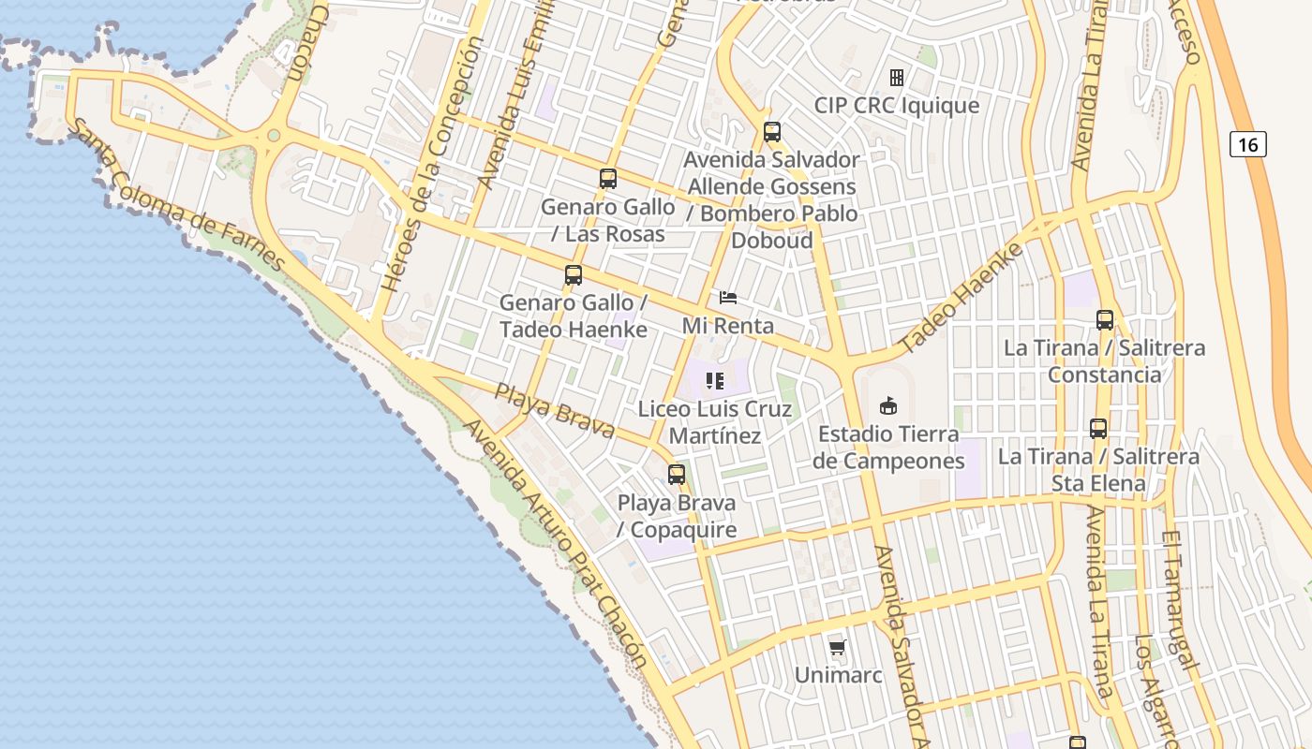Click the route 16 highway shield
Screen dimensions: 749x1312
1247,144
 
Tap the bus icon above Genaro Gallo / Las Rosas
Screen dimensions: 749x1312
608,178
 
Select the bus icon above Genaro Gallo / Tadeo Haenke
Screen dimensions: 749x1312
574,275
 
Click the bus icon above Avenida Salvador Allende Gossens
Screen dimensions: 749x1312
772,132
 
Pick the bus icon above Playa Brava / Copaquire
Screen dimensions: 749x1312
677,475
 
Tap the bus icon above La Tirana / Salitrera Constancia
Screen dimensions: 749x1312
1105,320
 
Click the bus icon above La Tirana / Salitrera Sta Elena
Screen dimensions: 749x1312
1098,429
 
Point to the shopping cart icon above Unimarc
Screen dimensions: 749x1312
838,648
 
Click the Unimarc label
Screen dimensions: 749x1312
838,674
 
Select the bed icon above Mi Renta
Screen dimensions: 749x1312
728,298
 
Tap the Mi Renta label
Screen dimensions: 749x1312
728,325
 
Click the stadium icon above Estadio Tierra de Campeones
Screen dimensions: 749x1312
887,405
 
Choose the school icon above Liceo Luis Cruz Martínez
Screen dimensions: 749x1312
715,381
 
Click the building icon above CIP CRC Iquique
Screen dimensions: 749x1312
897,78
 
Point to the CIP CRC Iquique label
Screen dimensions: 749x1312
897,105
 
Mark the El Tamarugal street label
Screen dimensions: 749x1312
1180,600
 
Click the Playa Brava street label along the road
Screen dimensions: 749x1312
555,410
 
